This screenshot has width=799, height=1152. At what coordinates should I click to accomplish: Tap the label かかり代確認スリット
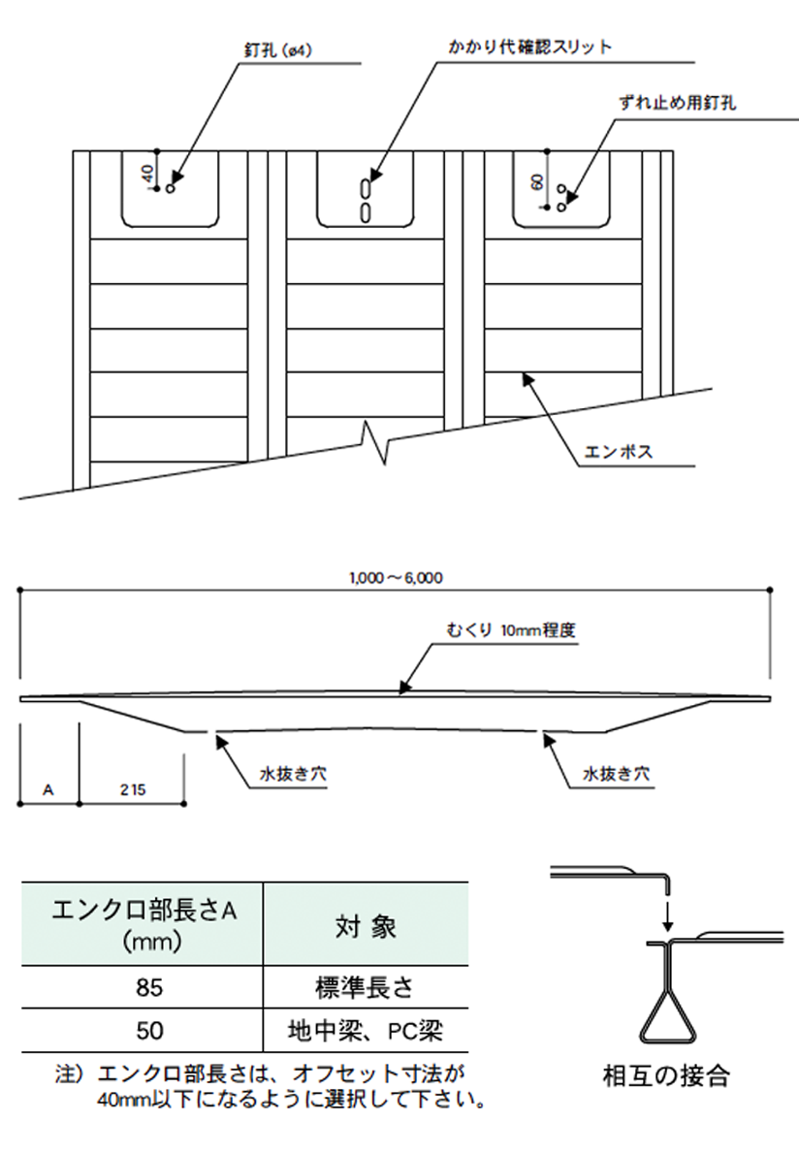tap(529, 46)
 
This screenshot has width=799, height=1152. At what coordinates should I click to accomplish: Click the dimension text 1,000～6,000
tap(395, 578)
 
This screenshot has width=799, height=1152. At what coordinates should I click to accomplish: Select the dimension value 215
tap(133, 790)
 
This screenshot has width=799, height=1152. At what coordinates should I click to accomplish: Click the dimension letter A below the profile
tap(48, 790)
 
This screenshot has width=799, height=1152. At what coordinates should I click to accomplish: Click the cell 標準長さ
tap(365, 988)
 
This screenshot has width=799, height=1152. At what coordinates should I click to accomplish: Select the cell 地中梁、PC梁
tap(365, 1031)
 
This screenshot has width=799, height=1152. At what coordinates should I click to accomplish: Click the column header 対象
tap(365, 925)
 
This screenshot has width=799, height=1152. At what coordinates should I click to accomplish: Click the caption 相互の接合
tap(665, 1075)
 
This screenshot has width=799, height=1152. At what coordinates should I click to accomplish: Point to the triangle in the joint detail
tap(665, 1014)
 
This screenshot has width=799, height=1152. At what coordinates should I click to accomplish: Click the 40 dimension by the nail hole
tap(147, 174)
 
